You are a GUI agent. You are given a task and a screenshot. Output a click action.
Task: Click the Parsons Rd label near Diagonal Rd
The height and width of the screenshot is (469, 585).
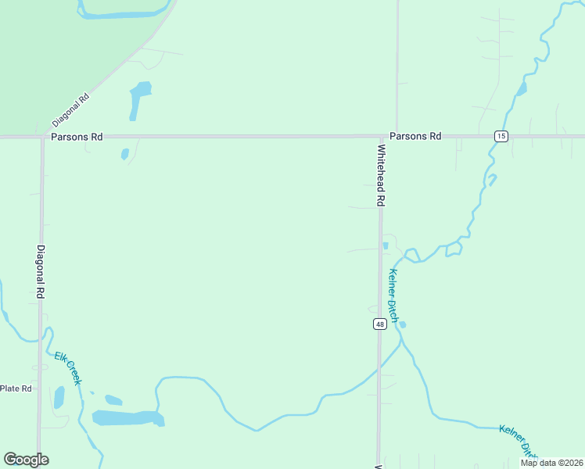[x=77, y=136]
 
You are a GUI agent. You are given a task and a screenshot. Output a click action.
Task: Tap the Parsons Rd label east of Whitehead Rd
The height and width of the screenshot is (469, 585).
[x=415, y=136]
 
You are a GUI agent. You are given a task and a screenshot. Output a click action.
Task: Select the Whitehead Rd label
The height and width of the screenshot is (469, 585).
[x=382, y=175]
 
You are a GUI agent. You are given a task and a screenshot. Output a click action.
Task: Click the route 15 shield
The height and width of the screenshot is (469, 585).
[x=501, y=136]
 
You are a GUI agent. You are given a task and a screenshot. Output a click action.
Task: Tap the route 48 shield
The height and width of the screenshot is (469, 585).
[x=379, y=324]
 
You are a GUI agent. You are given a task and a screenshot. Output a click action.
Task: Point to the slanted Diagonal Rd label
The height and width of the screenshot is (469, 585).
[x=71, y=111]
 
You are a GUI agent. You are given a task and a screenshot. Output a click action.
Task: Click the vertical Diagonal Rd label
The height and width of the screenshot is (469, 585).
[x=41, y=272]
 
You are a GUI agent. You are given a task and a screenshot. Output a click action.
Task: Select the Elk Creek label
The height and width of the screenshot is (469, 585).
[x=67, y=368]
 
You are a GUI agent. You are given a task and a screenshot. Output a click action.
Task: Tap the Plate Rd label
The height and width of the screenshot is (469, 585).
[x=16, y=388]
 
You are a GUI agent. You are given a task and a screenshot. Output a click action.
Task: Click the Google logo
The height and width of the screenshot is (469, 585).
[x=26, y=460]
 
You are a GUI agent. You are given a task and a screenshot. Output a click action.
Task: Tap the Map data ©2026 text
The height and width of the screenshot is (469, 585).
[x=551, y=463]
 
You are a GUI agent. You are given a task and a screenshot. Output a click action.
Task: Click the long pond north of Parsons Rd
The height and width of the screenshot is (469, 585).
[x=138, y=99]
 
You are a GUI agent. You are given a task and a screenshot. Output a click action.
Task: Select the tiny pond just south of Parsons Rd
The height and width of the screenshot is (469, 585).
[x=124, y=154]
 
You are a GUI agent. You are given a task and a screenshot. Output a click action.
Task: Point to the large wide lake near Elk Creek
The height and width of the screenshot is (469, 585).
[x=127, y=418]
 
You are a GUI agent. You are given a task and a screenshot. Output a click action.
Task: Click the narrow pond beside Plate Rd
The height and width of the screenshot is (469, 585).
[x=59, y=397]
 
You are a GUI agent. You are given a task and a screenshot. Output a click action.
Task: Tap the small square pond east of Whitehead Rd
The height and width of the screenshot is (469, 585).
[x=386, y=245]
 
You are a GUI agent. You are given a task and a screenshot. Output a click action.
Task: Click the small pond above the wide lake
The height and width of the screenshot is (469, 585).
[x=113, y=399]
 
